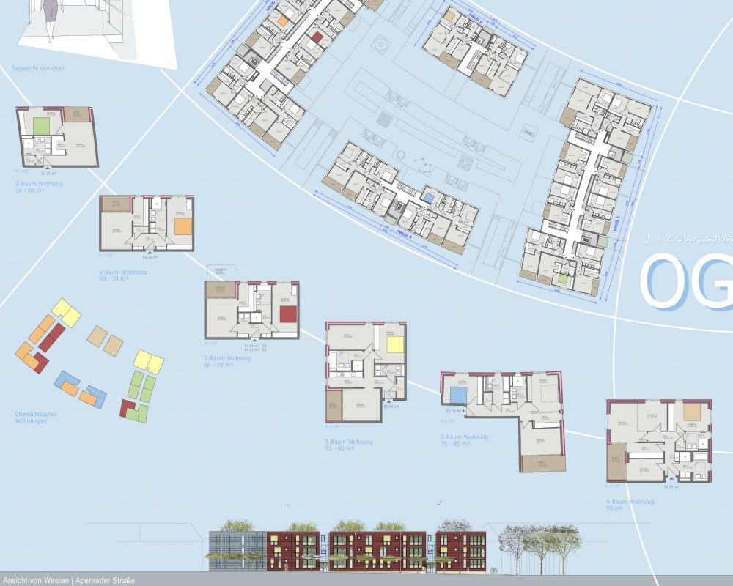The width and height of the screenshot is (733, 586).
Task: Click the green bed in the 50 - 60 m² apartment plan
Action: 40,125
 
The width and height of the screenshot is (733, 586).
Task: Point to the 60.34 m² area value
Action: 151,258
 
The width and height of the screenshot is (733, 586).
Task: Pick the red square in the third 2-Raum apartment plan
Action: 287,315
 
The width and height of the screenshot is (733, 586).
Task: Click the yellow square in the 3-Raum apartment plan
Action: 395,345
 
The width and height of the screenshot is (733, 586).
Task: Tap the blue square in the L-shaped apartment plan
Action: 459,395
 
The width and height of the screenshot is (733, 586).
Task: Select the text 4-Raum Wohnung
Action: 630,502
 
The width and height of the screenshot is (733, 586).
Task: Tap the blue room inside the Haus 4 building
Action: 427,197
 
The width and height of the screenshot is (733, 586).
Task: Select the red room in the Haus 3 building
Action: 317,37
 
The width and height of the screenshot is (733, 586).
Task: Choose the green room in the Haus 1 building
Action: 561,278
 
